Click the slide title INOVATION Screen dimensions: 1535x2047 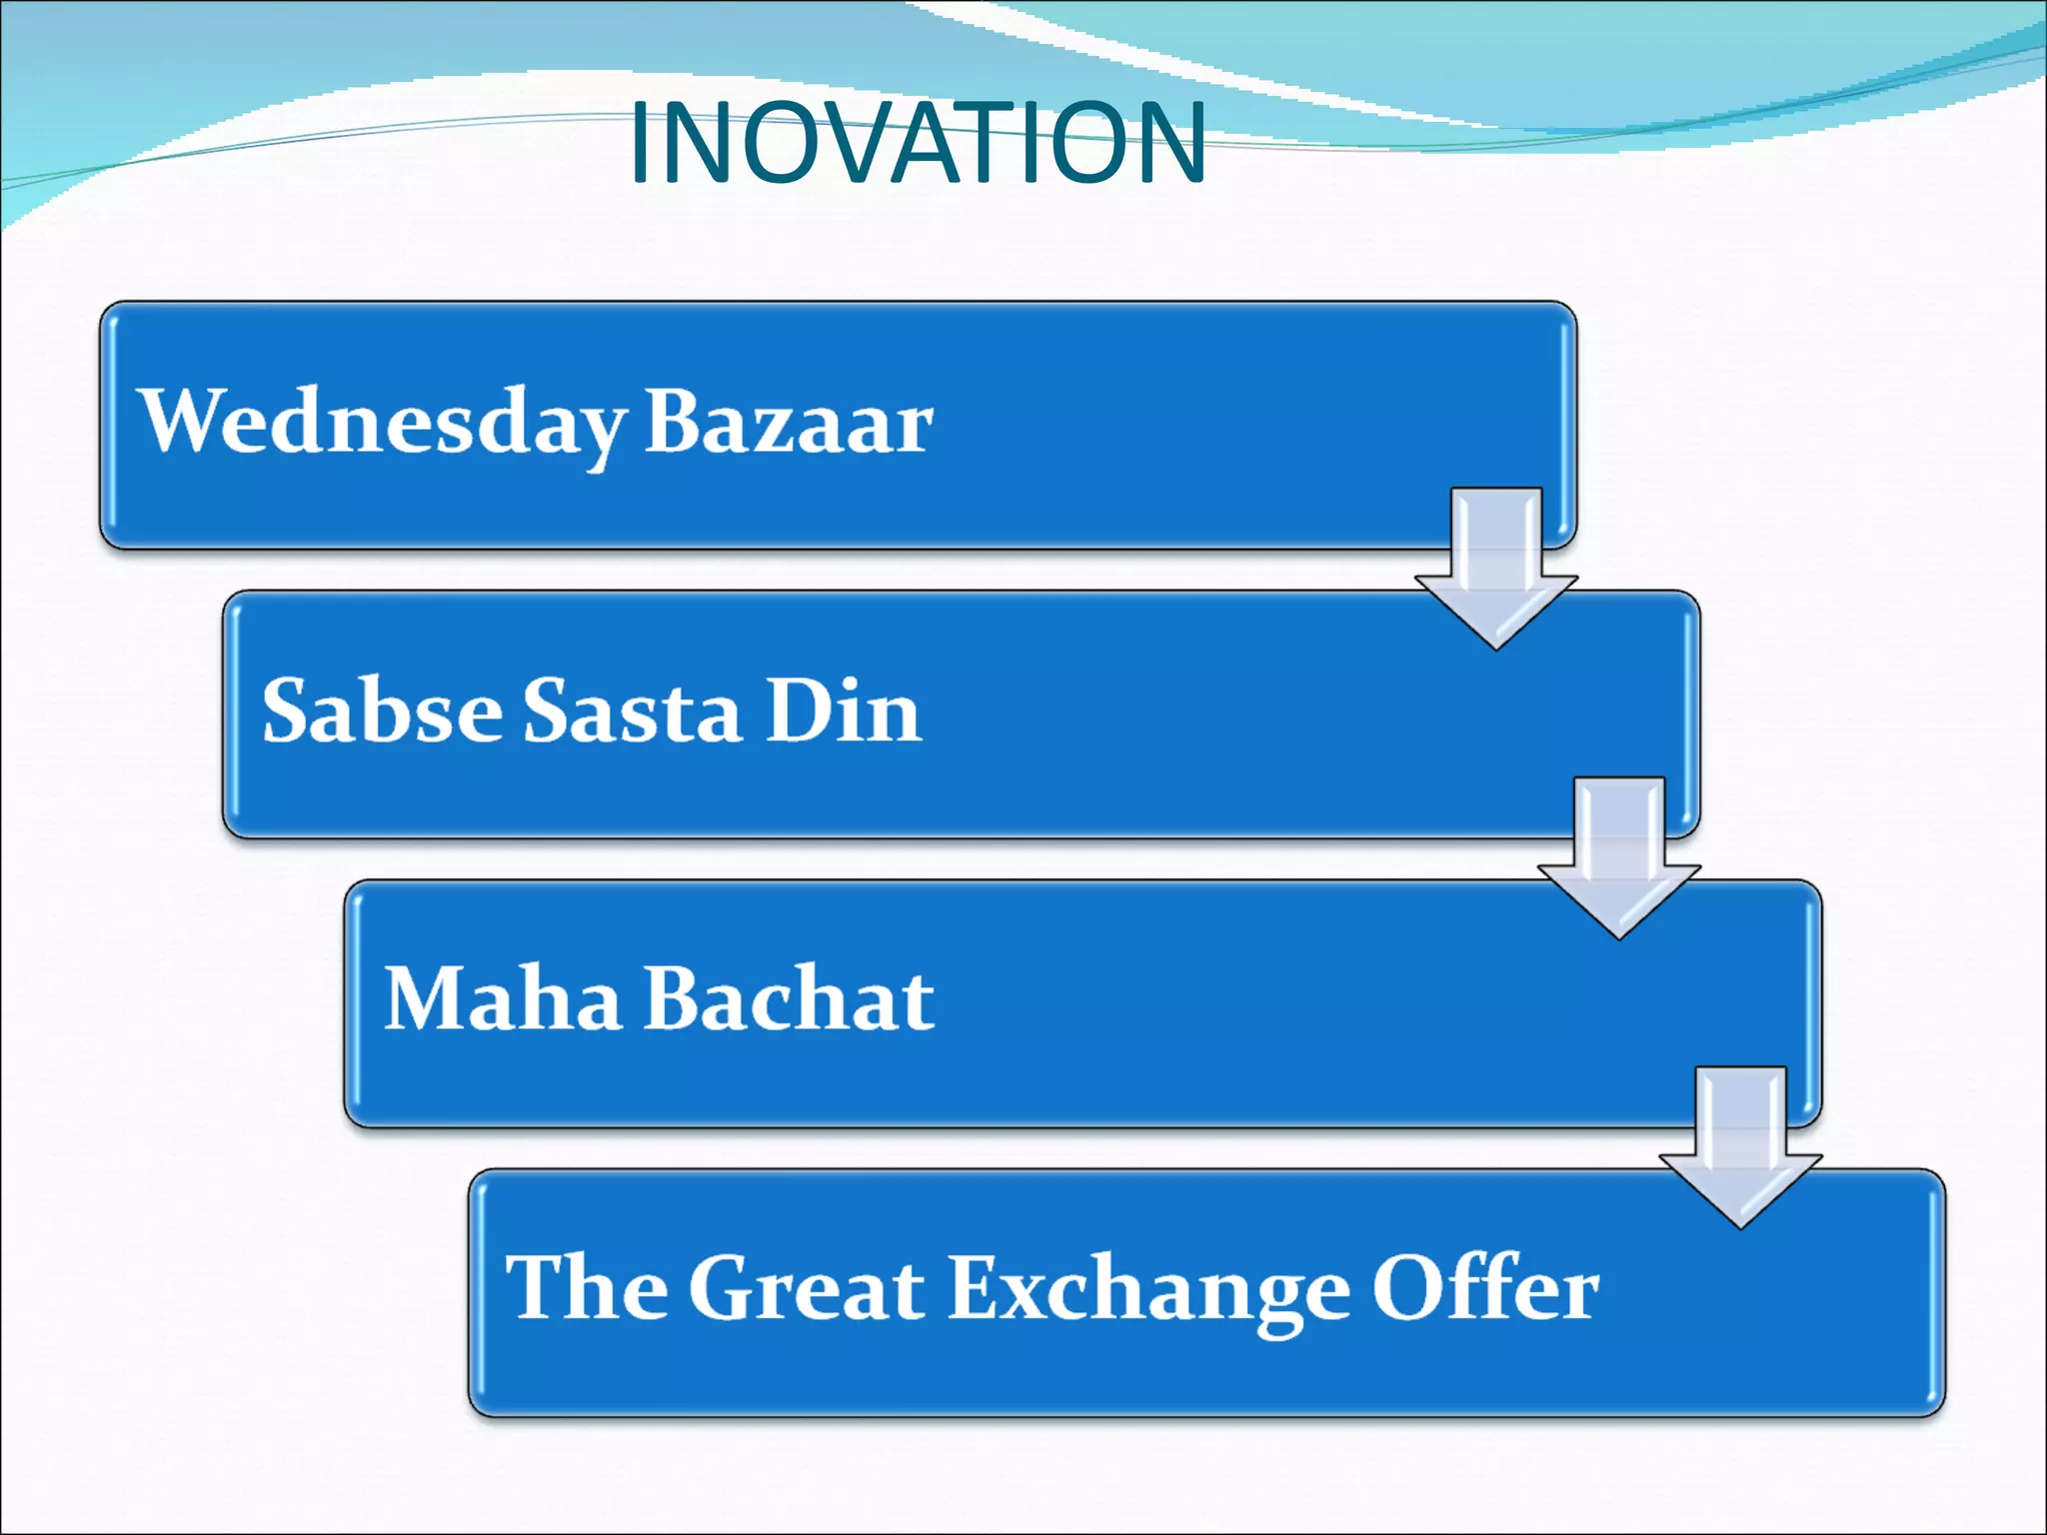tap(918, 144)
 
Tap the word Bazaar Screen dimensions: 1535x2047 tap(789, 422)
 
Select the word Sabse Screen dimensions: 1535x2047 tap(382, 711)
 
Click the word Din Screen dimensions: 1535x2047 tap(843, 711)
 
